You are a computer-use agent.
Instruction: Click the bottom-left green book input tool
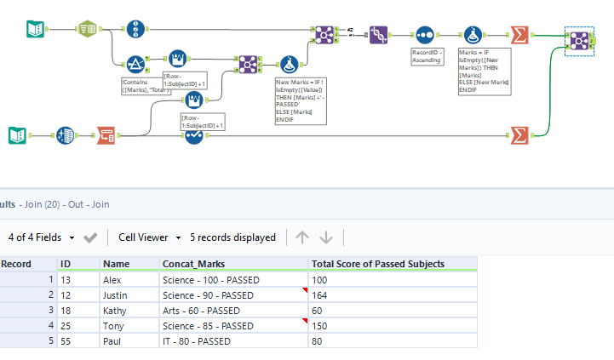(x=18, y=134)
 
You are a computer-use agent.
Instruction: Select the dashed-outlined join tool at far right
(x=579, y=41)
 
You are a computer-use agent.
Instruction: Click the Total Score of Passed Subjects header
(x=378, y=264)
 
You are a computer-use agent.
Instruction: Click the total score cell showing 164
(x=319, y=295)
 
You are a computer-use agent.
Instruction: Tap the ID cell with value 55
(x=65, y=341)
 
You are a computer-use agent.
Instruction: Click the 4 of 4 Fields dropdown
(x=41, y=237)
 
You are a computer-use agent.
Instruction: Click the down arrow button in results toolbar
(x=325, y=237)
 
